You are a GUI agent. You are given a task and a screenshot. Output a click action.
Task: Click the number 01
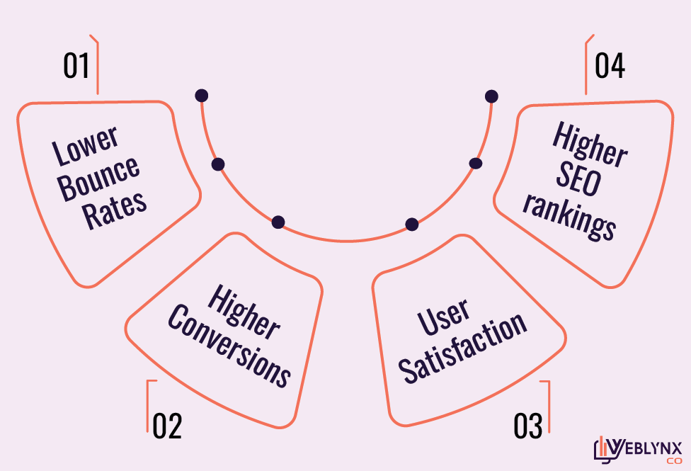(x=76, y=66)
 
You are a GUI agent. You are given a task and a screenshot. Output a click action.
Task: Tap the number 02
(x=167, y=426)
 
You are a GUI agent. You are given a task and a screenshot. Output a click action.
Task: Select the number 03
(x=528, y=426)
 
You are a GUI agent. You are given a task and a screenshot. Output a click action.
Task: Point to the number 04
(x=610, y=66)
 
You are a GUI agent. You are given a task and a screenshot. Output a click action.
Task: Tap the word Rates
(x=115, y=208)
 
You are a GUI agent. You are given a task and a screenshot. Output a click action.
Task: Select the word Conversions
(x=229, y=347)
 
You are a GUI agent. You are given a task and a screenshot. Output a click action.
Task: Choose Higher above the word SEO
(x=590, y=145)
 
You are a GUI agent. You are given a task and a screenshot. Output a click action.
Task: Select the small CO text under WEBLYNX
(x=673, y=461)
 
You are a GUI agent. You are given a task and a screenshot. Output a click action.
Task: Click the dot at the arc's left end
(x=202, y=96)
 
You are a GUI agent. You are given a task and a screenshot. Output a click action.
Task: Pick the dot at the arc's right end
(x=491, y=96)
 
